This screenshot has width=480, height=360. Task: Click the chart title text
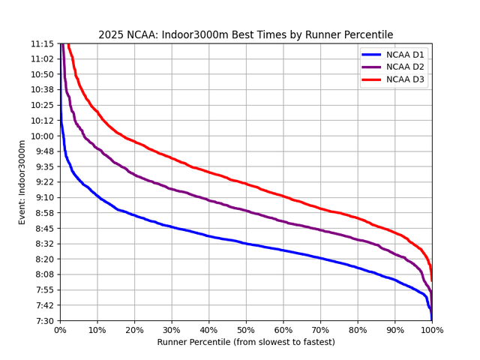[x=245, y=35]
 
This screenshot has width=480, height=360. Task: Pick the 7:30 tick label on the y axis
[x=43, y=320]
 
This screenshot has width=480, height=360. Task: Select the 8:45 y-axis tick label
[x=43, y=228]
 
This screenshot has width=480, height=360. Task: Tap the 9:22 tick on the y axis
[x=43, y=182]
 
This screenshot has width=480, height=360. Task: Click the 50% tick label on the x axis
[x=246, y=330]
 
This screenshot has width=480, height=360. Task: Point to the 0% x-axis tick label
[x=60, y=330]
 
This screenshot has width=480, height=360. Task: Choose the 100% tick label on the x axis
[x=432, y=330]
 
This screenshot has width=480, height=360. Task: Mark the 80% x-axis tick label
[x=358, y=330]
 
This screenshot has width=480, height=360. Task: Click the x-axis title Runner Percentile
[x=245, y=342]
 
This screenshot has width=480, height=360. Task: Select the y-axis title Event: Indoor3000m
[x=22, y=182]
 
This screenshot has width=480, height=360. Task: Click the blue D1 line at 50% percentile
[x=246, y=243]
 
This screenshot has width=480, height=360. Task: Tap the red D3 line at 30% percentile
[x=172, y=158]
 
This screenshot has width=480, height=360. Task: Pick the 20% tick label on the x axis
[x=134, y=330]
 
